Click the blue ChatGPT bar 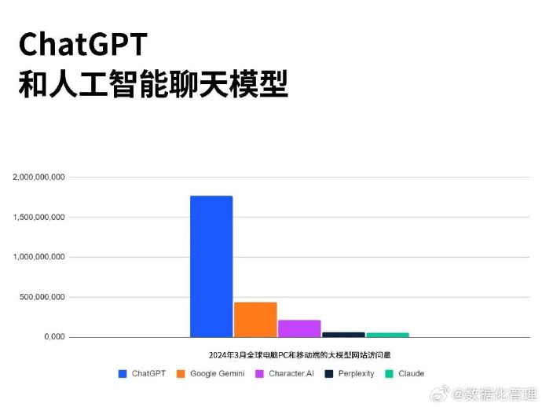tap(211, 266)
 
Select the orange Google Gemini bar tap(255, 320)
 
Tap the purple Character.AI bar tap(299, 328)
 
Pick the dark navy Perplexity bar tap(343, 335)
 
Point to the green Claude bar tap(388, 335)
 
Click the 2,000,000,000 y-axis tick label tap(38, 177)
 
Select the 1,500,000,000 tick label tap(38, 217)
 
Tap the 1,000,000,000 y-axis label tap(38, 257)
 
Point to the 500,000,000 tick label tap(42, 297)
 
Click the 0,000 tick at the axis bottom tap(54, 337)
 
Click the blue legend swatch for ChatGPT tap(123, 374)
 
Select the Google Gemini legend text tap(217, 373)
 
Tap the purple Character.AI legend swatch tap(259, 374)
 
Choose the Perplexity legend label tap(356, 374)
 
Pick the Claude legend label tap(411, 373)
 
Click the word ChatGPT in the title tap(83, 44)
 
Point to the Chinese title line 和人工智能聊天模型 tap(153, 84)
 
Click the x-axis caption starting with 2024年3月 tap(300, 355)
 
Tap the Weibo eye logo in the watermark tap(439, 394)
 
